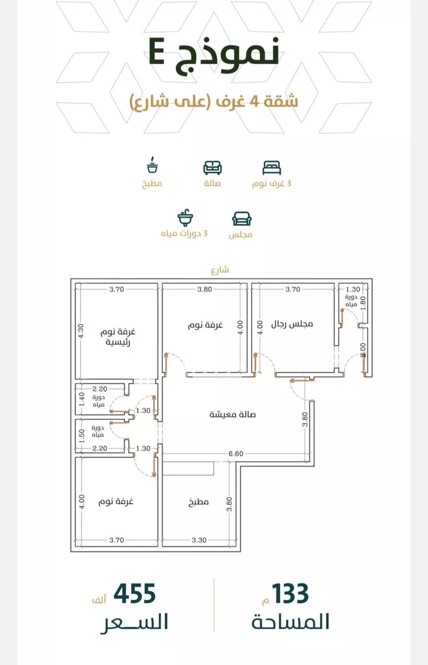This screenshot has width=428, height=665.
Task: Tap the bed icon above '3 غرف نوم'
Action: (272, 168)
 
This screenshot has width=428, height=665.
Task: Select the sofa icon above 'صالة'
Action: (213, 168)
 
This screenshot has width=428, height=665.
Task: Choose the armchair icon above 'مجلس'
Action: (242, 219)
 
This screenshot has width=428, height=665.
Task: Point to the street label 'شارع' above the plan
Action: (220, 270)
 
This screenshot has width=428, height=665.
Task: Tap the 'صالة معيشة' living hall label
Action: (233, 414)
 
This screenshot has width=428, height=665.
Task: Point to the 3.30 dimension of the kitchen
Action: (199, 539)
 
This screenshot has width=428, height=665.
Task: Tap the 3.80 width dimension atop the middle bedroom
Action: (204, 289)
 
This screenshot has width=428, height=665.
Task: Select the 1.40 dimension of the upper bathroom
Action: (82, 398)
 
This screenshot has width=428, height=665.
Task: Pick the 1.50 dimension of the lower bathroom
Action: (82, 437)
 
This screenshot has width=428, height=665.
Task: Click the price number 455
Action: (135, 594)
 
